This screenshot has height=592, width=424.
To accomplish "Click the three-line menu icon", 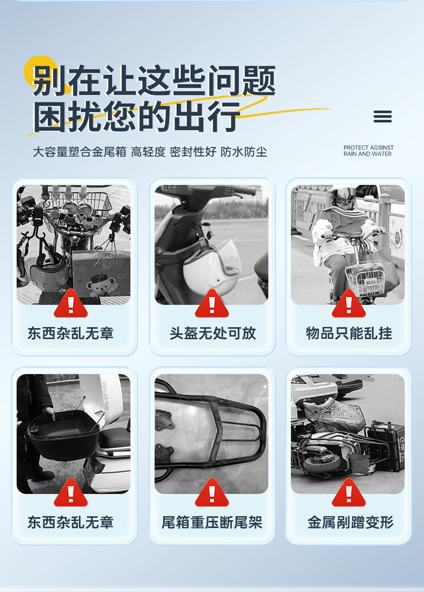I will (382, 116).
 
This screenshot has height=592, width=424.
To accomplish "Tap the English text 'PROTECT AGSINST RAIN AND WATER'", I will (368, 151).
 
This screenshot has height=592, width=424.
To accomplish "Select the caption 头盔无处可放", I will (213, 333).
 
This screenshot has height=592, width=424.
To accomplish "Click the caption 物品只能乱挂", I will (349, 333).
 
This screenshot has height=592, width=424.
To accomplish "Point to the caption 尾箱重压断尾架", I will (212, 522).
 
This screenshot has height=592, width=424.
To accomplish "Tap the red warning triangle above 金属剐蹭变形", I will (348, 493).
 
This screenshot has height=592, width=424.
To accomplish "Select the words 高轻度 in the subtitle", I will (148, 152).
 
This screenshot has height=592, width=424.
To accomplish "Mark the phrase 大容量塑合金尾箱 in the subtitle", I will (79, 152).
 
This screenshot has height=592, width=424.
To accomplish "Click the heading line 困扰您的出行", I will (137, 116).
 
